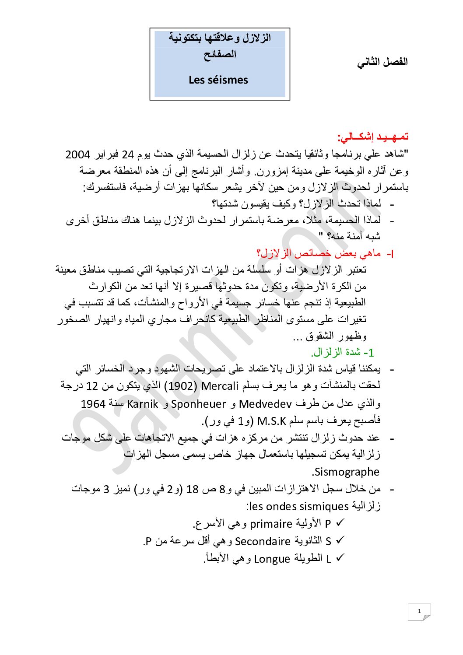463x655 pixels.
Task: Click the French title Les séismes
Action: coord(218,80)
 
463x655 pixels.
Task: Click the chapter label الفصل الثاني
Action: coord(382,62)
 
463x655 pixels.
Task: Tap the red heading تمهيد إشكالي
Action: coord(373,137)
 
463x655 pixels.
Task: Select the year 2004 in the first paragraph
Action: coord(77,154)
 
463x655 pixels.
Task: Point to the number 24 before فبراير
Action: coord(128,154)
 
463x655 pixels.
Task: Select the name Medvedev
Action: coord(265,403)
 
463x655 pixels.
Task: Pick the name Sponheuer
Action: coord(198,403)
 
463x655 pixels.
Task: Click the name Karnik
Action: coord(142,403)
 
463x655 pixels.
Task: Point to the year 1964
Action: coord(93,403)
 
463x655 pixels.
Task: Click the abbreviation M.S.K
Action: coord(271,421)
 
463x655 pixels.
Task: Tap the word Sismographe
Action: coord(346,472)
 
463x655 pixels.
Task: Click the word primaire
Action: coord(271,524)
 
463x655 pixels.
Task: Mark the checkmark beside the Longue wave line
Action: coord(340,558)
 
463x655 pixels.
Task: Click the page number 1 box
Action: coord(419,612)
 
